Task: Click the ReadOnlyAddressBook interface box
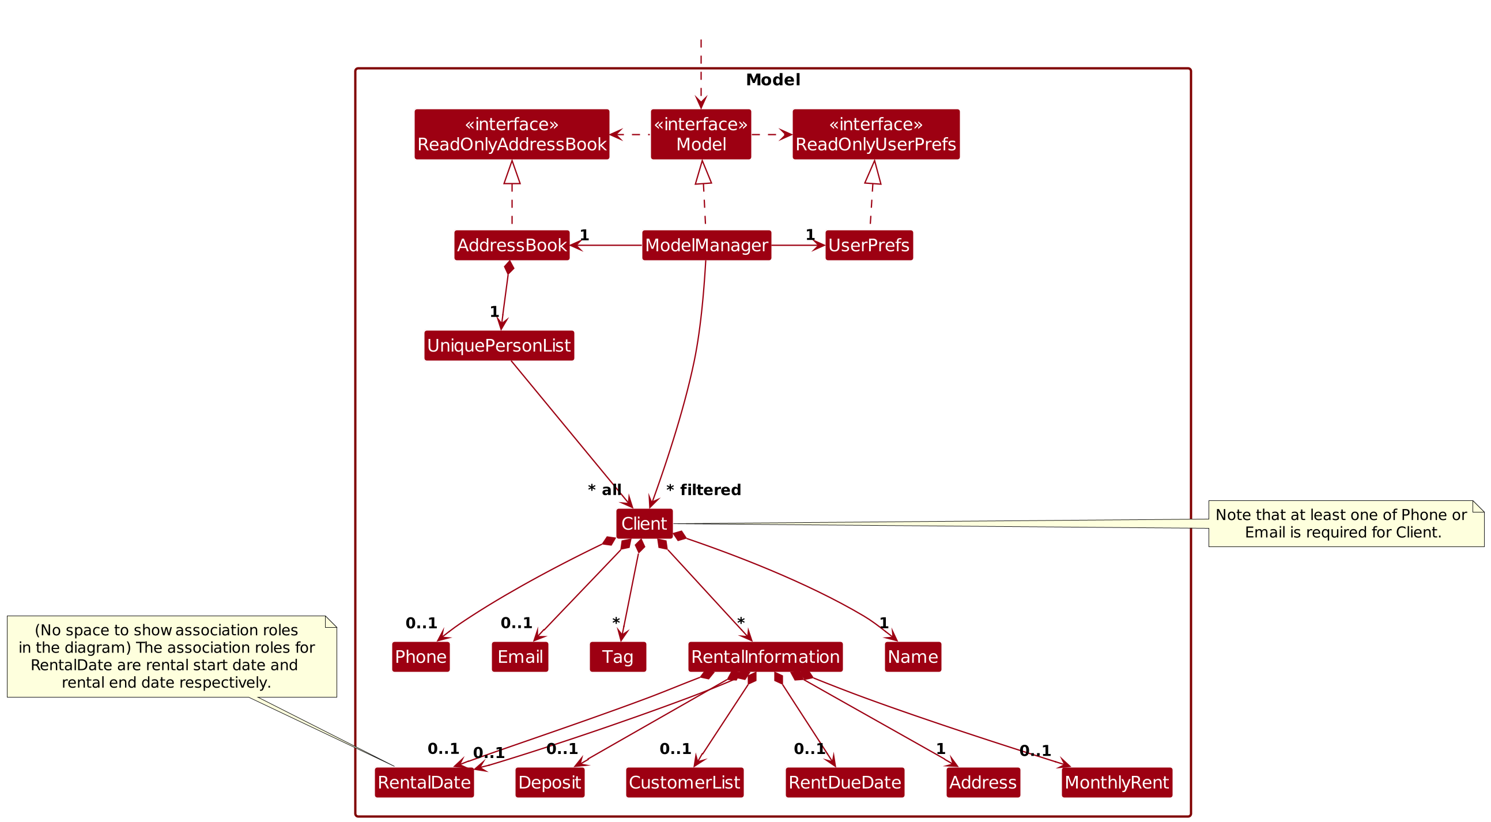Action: (512, 134)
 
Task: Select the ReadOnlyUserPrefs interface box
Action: (875, 134)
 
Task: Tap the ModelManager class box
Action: (706, 246)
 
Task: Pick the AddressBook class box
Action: (512, 246)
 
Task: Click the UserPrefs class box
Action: (869, 246)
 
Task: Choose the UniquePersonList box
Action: (499, 346)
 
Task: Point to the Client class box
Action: (644, 524)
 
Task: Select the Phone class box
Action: (421, 657)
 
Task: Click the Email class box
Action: (520, 657)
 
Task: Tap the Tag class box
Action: (618, 657)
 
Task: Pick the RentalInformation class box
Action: (765, 657)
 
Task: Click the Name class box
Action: (913, 657)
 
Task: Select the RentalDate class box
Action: (424, 783)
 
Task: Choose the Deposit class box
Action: (550, 783)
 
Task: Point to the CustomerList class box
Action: (684, 783)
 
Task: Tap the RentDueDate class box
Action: (844, 783)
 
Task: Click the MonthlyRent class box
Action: (1116, 783)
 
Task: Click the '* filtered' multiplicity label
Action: (704, 491)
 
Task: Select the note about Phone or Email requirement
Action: (1346, 524)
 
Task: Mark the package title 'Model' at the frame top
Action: (773, 80)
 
